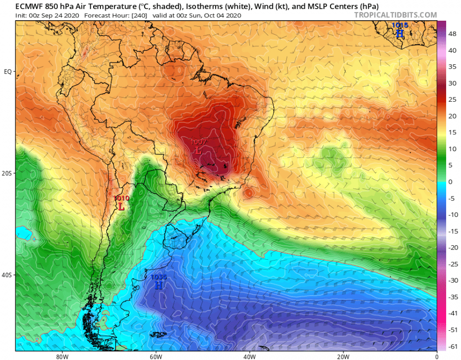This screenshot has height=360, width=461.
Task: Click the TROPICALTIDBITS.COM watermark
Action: coord(395,15)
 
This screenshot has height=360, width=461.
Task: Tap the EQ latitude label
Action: coord(8,72)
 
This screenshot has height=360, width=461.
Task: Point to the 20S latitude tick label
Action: coord(7,173)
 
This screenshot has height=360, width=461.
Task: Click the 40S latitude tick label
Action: coord(7,275)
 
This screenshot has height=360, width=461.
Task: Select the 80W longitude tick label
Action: coord(61,357)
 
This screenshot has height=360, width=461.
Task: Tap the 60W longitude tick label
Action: coord(155,357)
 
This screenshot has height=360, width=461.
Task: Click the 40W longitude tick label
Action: coord(249,357)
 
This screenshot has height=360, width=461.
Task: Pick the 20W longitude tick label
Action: coord(343,357)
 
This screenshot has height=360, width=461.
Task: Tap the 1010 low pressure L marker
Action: coord(121,206)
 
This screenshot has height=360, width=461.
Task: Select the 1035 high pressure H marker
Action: coord(158,285)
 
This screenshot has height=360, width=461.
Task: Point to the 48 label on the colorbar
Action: coord(452,34)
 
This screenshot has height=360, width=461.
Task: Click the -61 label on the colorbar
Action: coord(452,346)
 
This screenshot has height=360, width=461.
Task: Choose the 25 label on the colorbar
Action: coord(452,99)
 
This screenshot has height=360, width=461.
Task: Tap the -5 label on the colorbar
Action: coord(452,198)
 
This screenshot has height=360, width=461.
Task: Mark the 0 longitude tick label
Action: coord(437,357)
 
